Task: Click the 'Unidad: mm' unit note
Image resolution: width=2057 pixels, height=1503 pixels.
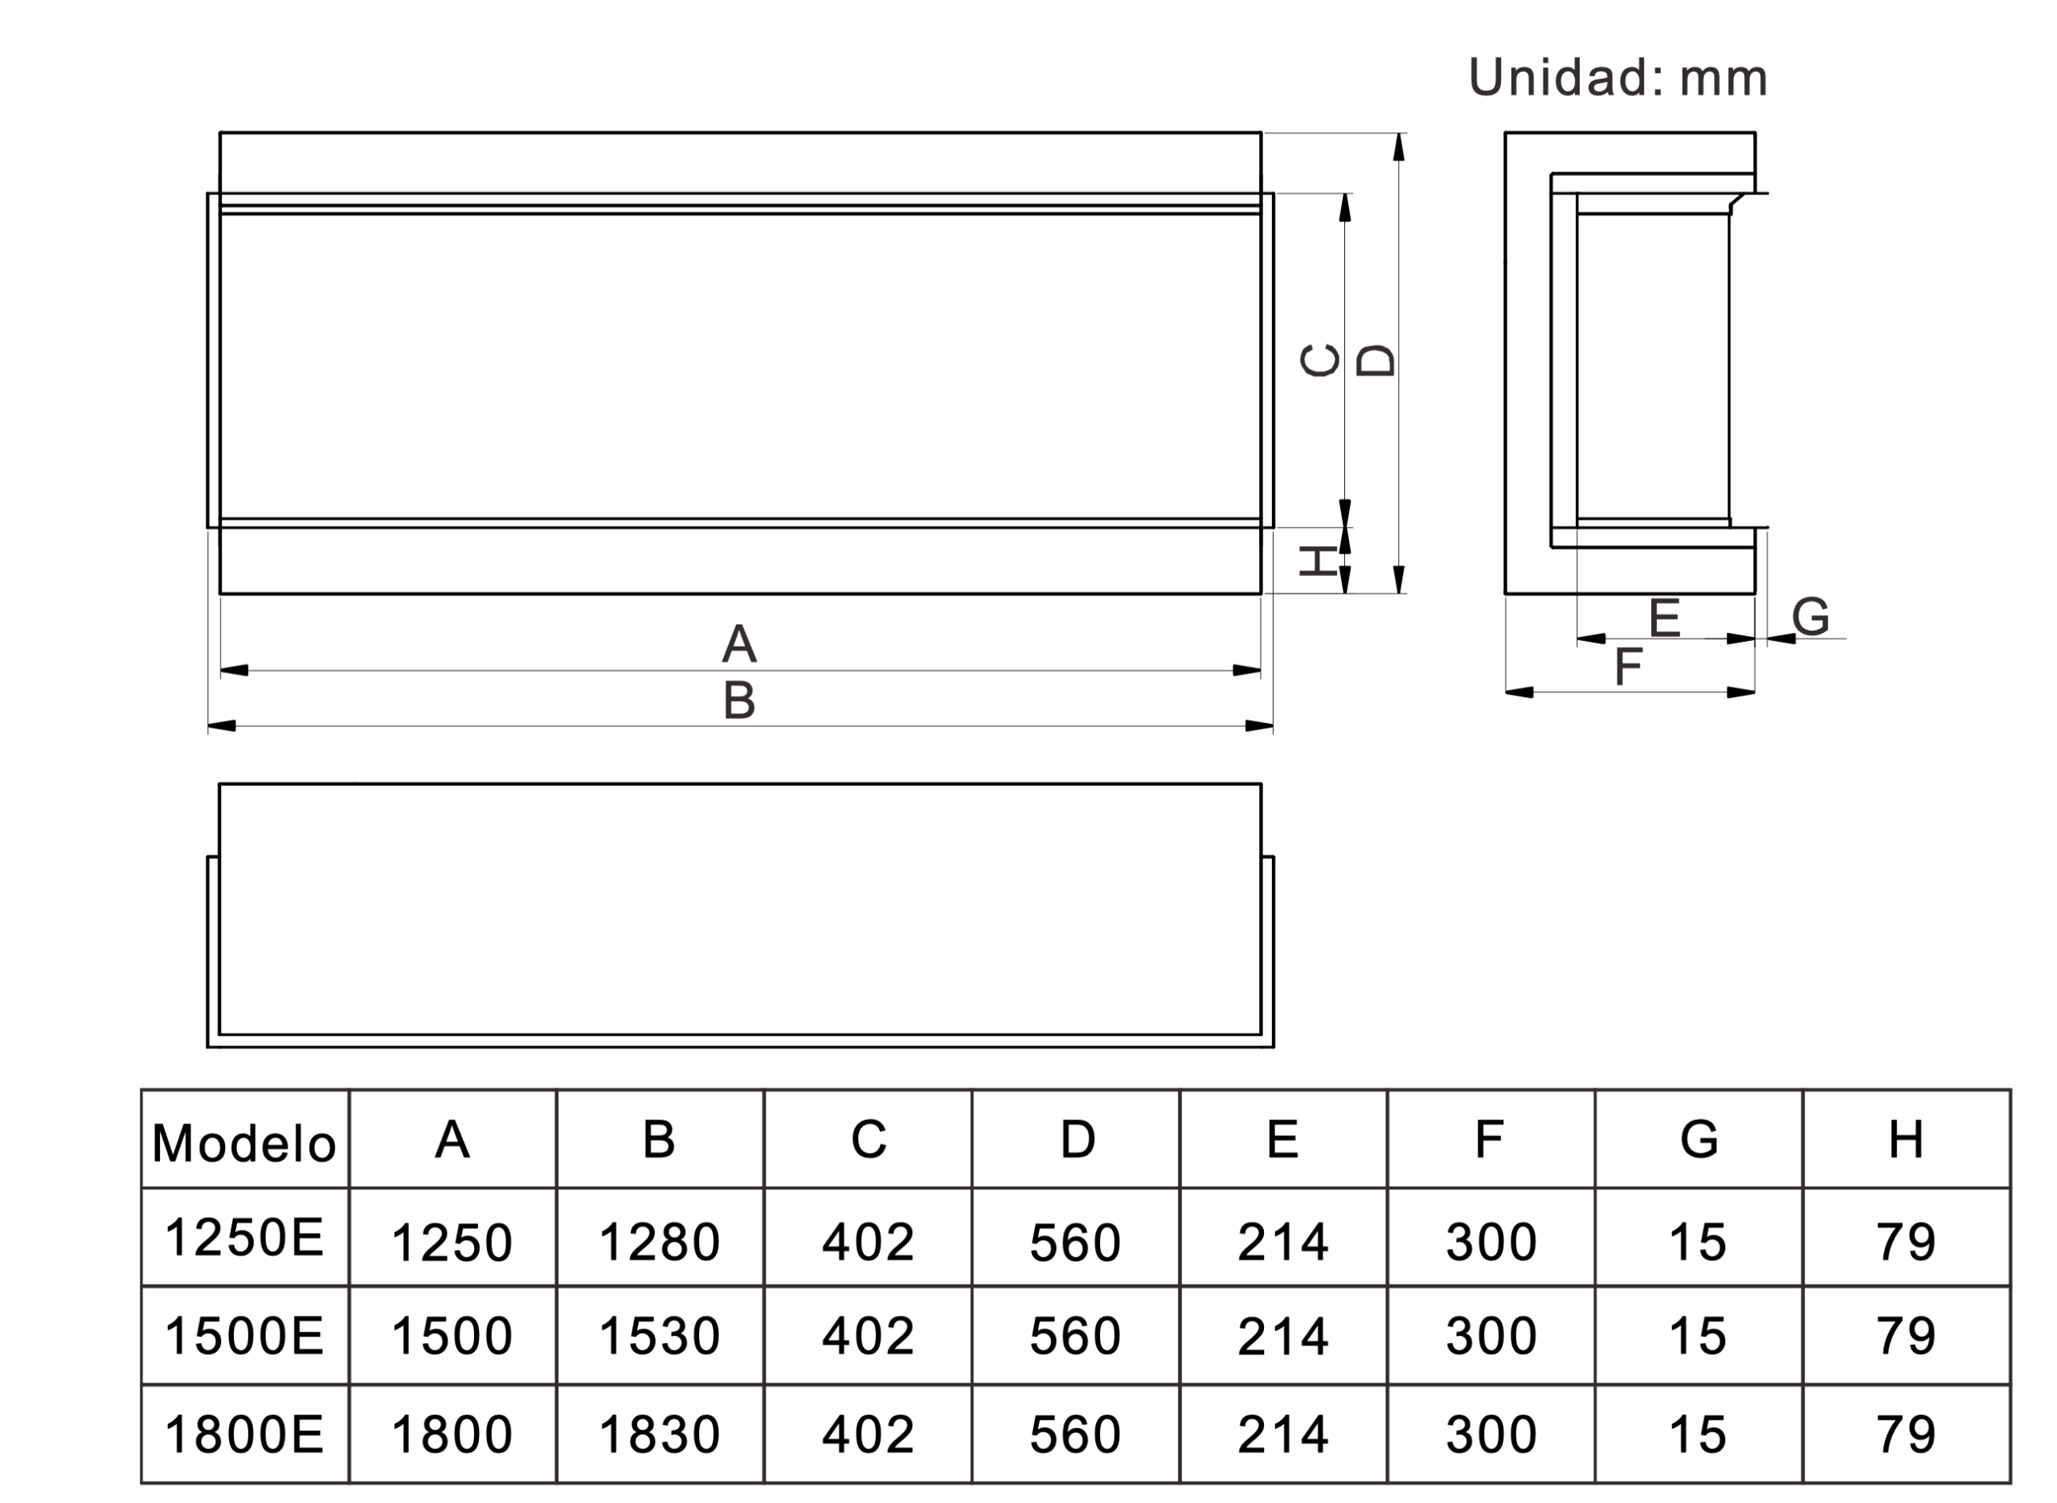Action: click(1617, 78)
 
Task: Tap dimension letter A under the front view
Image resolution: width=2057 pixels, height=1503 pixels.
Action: click(738, 644)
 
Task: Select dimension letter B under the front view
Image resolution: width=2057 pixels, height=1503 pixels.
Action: click(738, 700)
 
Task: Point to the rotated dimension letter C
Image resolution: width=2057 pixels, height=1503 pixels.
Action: click(1320, 360)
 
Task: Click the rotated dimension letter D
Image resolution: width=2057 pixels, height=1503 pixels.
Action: click(1375, 360)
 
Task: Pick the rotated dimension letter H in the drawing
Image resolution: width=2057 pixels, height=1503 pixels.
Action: click(1319, 562)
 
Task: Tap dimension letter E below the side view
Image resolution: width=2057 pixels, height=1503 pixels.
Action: click(1664, 619)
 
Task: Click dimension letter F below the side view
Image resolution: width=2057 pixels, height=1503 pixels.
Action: click(1628, 667)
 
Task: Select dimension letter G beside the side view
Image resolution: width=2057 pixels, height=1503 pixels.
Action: click(1810, 617)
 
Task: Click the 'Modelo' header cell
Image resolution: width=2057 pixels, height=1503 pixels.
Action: click(243, 1144)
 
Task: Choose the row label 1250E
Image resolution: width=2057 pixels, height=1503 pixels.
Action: click(243, 1237)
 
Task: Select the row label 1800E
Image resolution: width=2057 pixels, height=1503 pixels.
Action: click(243, 1435)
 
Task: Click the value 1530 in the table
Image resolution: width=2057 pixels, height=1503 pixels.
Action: click(660, 1337)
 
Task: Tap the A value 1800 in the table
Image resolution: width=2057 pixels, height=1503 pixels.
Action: click(452, 1435)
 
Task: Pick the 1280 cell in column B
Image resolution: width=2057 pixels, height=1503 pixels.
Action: click(660, 1242)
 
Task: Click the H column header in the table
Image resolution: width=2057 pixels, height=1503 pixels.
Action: click(1906, 1139)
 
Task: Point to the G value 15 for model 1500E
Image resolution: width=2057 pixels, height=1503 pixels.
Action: click(1698, 1337)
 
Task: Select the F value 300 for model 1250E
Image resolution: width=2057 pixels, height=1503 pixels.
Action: click(1491, 1242)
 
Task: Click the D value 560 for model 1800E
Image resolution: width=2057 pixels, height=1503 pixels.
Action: click(1075, 1435)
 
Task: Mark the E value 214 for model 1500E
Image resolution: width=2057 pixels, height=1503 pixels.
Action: click(1282, 1337)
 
